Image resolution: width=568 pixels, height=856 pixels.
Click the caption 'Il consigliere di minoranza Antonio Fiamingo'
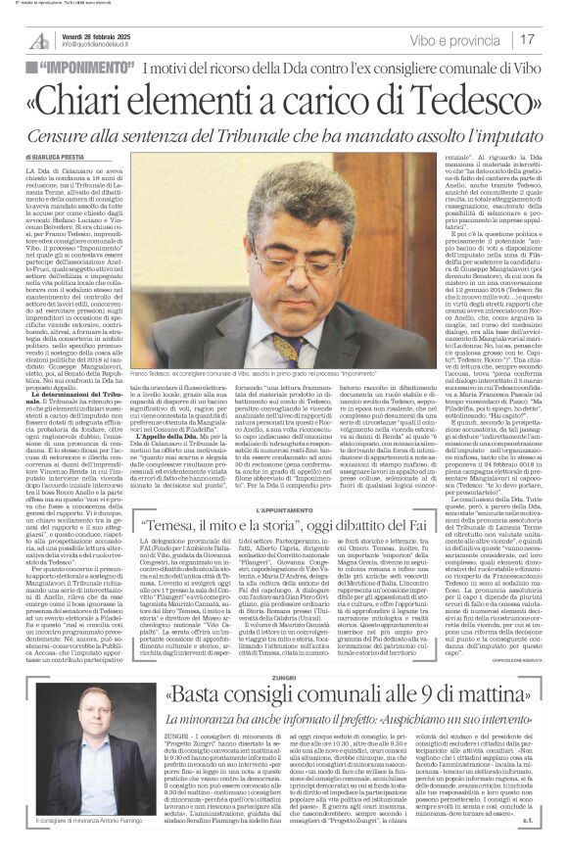click(90, 819)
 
